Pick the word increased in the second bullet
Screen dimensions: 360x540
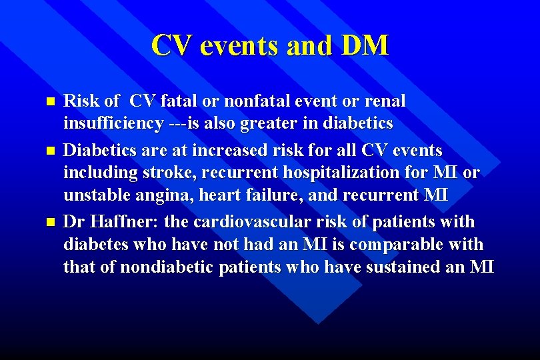(235, 149)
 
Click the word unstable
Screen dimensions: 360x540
(93, 197)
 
